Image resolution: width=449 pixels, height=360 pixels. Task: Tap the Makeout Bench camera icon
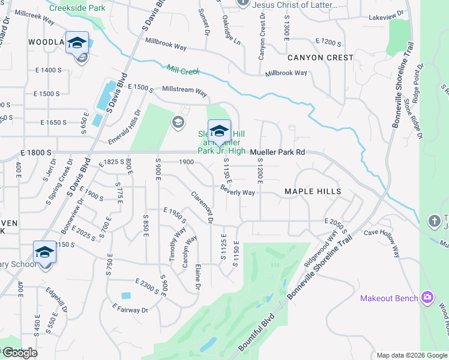427,298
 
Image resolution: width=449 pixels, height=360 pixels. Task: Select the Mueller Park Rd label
278,152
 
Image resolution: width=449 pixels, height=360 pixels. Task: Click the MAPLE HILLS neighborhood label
312,191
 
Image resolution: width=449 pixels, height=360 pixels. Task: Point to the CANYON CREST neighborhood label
321,58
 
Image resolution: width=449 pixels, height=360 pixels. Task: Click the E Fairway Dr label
130,310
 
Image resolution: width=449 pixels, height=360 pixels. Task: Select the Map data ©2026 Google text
412,355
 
